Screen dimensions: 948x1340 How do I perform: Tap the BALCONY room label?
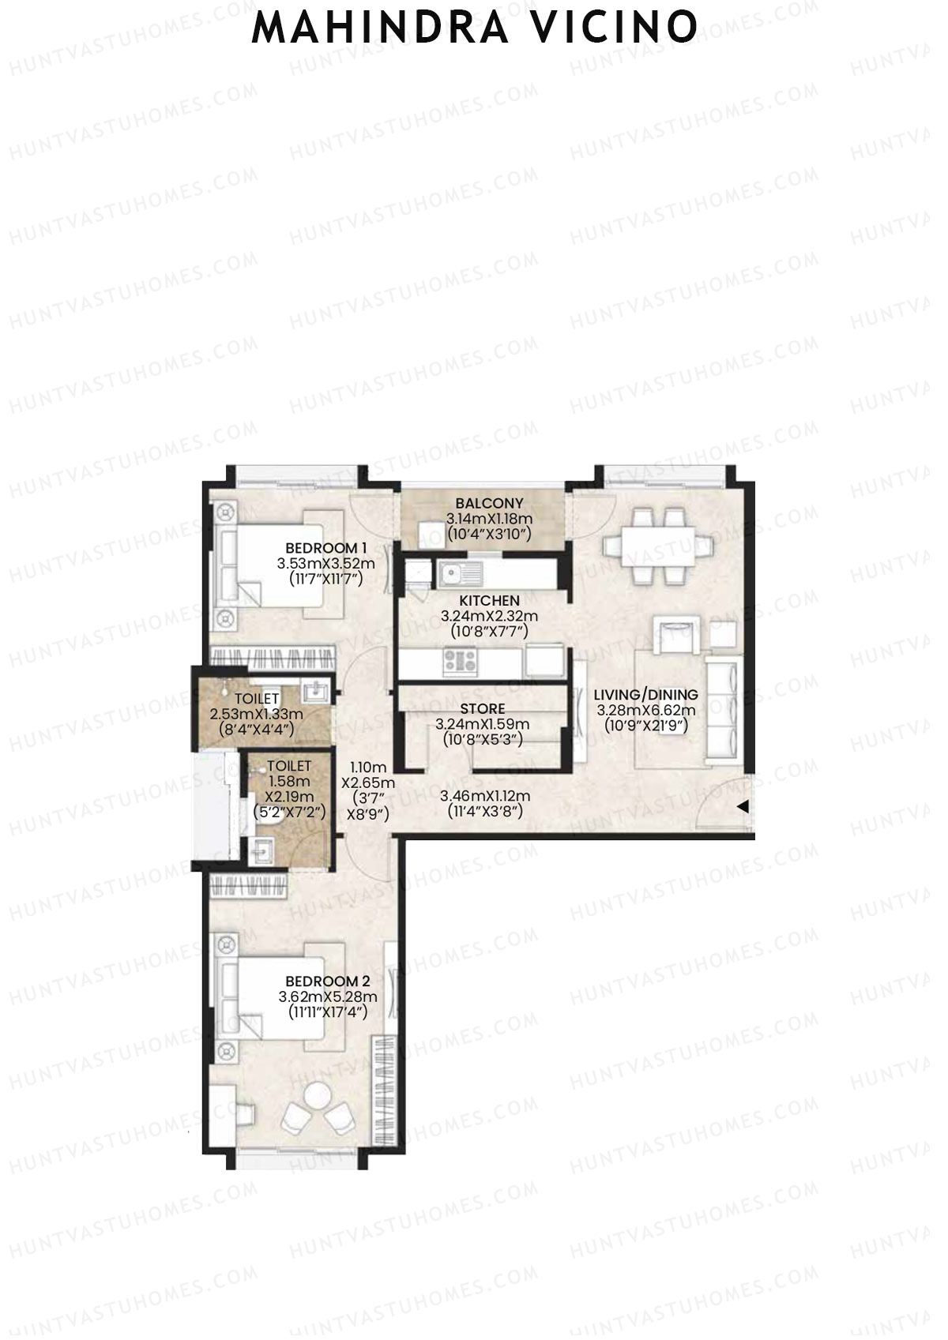(x=489, y=503)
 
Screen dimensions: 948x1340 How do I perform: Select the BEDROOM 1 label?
(x=325, y=547)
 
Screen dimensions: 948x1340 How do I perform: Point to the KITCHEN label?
(x=489, y=600)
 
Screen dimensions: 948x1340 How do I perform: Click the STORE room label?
(x=483, y=709)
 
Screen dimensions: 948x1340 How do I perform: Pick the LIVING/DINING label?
(x=645, y=695)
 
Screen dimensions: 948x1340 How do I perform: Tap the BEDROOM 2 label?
(x=327, y=981)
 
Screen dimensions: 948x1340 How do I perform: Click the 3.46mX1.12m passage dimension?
(x=485, y=796)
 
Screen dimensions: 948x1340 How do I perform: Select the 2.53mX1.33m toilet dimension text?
(x=256, y=715)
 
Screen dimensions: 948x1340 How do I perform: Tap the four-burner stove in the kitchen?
(x=460, y=661)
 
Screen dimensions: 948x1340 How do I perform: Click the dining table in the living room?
(x=659, y=546)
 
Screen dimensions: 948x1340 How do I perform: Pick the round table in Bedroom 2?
(x=318, y=1095)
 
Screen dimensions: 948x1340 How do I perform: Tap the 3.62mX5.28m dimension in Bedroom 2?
(x=327, y=997)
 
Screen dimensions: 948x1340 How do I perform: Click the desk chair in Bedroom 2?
(x=246, y=1114)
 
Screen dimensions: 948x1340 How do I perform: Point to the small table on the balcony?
(x=431, y=534)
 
